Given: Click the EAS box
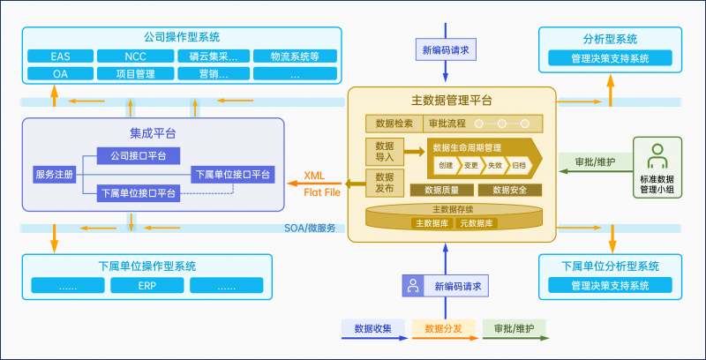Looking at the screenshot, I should (60, 56).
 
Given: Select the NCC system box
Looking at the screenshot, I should (135, 56).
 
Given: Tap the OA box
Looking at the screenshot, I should (60, 74).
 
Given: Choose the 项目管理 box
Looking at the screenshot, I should (135, 74).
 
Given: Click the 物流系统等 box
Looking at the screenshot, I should (285, 56).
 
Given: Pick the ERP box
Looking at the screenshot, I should (146, 286).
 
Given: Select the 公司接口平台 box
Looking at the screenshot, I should (139, 156).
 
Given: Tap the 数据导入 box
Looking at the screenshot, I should (384, 151).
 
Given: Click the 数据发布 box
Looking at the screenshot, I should (384, 183).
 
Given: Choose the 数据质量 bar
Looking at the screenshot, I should (439, 190).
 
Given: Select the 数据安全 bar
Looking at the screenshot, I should (508, 190).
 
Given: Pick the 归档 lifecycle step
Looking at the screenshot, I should (520, 165).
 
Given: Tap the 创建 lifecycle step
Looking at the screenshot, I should (444, 165).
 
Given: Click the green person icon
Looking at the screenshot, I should (655, 156).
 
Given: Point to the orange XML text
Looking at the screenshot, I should (314, 175).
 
